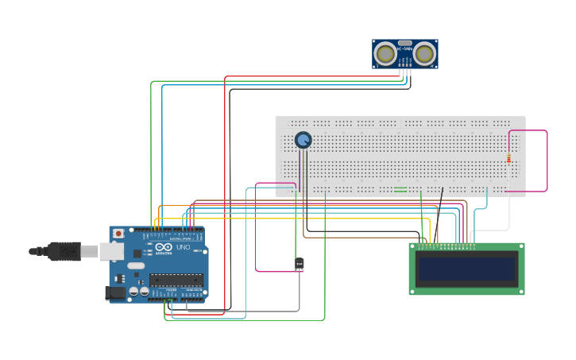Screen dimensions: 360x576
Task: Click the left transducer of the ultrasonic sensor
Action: pos(386,54)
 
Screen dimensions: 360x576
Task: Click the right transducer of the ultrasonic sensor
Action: pos(423,54)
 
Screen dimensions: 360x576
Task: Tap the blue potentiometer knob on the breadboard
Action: pos(303,140)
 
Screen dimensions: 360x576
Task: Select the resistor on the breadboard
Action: pos(508,158)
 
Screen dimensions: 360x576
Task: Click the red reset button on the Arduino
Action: pos(118,234)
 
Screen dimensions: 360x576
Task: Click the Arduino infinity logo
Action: pos(163,247)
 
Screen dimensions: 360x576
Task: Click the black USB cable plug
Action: pos(64,251)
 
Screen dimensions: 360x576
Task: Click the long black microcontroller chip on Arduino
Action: pos(176,279)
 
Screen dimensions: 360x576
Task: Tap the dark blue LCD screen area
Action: pos(466,269)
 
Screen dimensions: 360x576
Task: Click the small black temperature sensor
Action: pos(300,264)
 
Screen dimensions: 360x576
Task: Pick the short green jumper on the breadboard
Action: pos(400,189)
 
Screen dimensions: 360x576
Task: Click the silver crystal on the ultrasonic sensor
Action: pos(405,44)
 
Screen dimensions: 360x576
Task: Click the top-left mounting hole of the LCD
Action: pos(413,247)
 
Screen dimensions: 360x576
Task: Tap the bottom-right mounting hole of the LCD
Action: pos(520,291)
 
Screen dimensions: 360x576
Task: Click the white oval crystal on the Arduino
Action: pos(136,265)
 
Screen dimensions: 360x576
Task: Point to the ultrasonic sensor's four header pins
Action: pos(404,72)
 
